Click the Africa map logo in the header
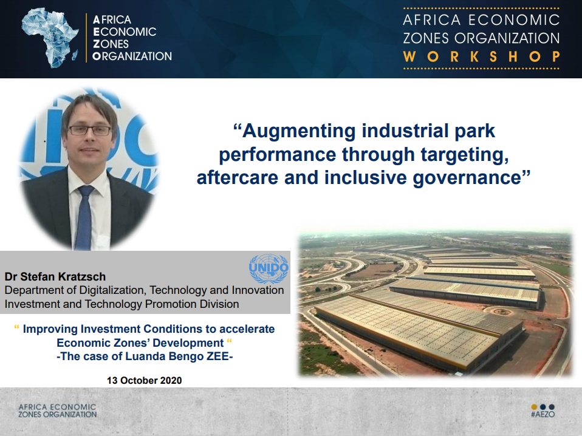[50, 38]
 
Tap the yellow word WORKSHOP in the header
[481, 56]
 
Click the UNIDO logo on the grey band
[269, 268]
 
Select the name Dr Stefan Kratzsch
[55, 276]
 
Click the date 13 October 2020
[145, 380]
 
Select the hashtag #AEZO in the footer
[543, 414]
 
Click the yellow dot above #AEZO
[534, 407]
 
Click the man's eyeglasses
[90, 130]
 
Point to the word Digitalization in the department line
[113, 290]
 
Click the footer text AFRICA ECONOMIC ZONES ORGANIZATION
[58, 410]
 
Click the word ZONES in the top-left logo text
[111, 44]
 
